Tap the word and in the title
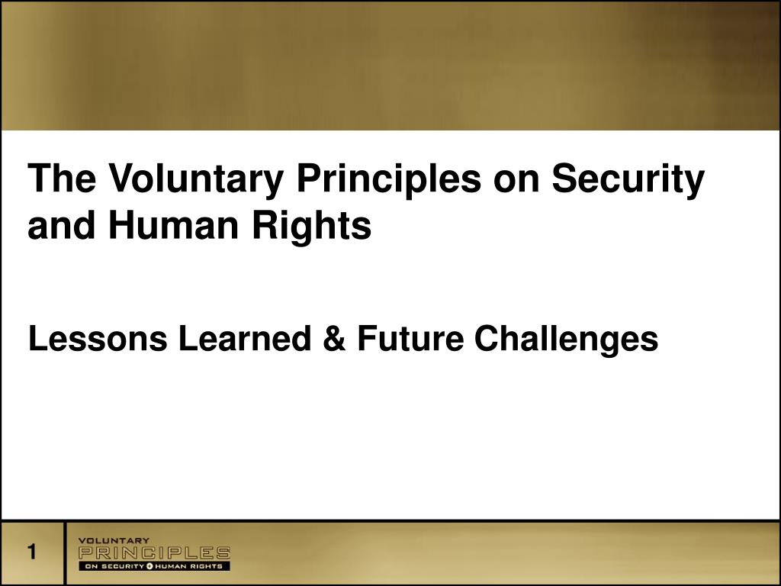click(63, 227)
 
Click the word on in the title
click(519, 181)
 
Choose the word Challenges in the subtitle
click(566, 339)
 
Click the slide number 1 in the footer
click(32, 552)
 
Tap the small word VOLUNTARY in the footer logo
click(114, 541)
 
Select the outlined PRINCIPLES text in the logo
click(154, 552)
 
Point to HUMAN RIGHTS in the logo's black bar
click(190, 566)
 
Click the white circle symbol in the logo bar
click(150, 566)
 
